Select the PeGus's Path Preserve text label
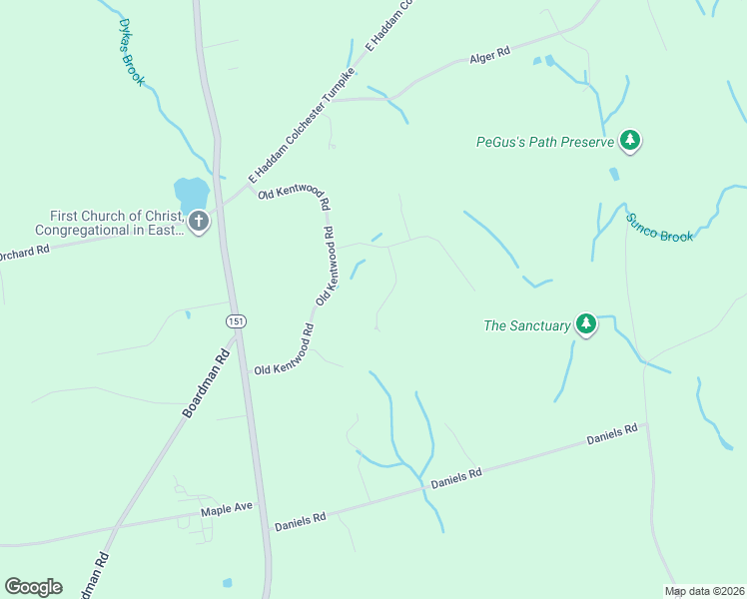coord(544,142)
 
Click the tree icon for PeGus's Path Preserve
coord(629,140)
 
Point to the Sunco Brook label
coord(659,228)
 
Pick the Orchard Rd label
coord(25,251)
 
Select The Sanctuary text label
coord(526,324)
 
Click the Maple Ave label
coord(227,509)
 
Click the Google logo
coord(33,587)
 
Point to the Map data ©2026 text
coord(705,591)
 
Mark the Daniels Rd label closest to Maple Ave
coord(300,519)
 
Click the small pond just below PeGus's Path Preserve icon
coord(613,174)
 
